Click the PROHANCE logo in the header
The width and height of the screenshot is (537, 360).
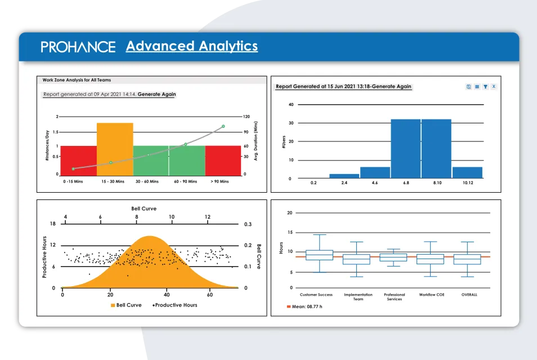pos(78,47)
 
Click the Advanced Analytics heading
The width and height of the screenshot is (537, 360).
pos(191,46)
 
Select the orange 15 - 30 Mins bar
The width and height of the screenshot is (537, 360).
pos(115,149)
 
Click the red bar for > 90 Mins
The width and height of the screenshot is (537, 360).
pos(223,161)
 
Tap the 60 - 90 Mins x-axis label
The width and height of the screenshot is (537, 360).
pos(186,182)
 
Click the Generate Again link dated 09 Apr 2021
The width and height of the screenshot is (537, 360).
pos(156,95)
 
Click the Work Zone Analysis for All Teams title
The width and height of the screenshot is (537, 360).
pos(77,80)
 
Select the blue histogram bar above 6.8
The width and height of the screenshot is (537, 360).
pos(405,149)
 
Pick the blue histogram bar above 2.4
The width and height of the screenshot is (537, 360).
pos(344,176)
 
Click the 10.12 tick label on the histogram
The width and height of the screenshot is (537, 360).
pos(467,183)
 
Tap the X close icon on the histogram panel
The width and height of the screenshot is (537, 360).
pos(494,87)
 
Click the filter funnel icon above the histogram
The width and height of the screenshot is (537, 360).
pos(485,87)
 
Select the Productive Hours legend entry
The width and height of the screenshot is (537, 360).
pos(174,305)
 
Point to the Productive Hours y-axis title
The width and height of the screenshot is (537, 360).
pos(44,257)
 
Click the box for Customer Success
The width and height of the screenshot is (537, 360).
pos(319,255)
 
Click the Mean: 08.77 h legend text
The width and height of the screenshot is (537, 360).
pos(307,307)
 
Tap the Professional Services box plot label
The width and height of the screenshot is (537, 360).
pos(395,297)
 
